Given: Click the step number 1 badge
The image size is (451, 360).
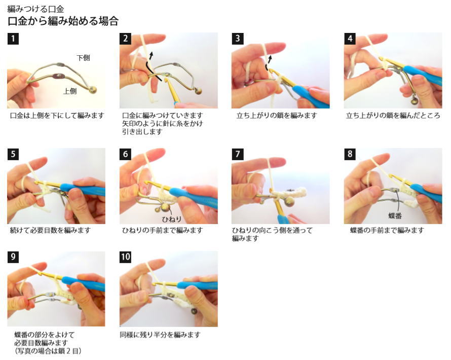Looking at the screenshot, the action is (13, 39).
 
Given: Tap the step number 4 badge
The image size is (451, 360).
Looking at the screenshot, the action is (350, 39).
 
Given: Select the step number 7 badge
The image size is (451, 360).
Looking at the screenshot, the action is (238, 154).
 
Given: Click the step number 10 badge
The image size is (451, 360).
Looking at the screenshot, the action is (125, 257).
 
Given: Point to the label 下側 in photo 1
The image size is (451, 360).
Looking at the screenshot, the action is (83, 58).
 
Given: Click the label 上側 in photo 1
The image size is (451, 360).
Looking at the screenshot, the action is (70, 91).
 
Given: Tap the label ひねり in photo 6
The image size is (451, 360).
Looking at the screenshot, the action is (171, 219).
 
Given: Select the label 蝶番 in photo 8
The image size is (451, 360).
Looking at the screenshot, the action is (395, 215).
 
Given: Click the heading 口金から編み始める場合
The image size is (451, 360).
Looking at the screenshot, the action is (63, 21).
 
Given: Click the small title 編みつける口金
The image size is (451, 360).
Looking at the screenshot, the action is (35, 9).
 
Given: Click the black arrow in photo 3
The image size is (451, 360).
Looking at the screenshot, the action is (269, 63).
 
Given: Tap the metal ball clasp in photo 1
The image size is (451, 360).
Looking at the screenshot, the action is (93, 90).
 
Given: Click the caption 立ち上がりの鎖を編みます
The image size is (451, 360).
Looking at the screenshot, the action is (277, 116).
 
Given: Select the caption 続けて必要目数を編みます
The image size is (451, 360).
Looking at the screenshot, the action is (50, 231).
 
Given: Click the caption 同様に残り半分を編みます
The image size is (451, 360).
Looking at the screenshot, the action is (160, 335).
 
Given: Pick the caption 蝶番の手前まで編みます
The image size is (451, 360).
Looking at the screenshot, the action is (387, 231).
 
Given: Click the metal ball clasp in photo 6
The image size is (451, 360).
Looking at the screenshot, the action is (165, 207).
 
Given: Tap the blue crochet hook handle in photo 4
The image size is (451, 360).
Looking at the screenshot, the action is (422, 75).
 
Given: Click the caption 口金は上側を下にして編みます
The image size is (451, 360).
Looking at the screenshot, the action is (57, 116).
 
